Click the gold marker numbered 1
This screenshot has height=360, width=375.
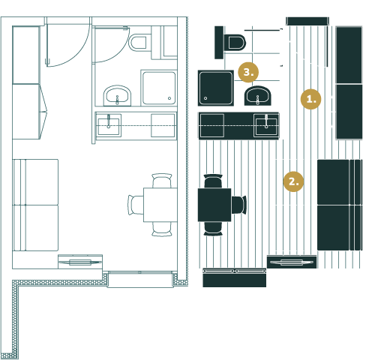[x=310, y=99]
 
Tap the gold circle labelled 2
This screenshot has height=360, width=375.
[x=293, y=181]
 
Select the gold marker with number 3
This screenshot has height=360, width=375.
[x=248, y=72]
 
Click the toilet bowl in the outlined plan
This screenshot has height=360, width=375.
[x=137, y=43]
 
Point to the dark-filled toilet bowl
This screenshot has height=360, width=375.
[x=236, y=43]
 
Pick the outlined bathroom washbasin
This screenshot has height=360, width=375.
[x=117, y=95]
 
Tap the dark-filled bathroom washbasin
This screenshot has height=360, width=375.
[x=258, y=96]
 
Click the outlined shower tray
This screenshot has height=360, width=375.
[x=159, y=88]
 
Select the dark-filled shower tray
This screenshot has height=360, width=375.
[x=216, y=88]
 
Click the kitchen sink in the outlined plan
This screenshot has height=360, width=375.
[x=109, y=125]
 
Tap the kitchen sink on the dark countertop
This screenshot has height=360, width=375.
[x=266, y=125]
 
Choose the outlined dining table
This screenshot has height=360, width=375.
[x=160, y=205]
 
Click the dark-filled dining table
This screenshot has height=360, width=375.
[x=214, y=205]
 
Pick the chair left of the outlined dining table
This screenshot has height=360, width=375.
[x=136, y=205]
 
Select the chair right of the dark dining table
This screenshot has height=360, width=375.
[x=239, y=205]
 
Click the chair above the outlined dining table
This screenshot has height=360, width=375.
[x=162, y=181]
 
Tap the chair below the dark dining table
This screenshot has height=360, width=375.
[x=213, y=229]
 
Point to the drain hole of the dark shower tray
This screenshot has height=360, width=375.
[x=205, y=98]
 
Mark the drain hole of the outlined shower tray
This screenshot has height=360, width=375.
[x=169, y=98]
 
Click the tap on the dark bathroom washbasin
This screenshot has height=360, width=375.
[x=258, y=100]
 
